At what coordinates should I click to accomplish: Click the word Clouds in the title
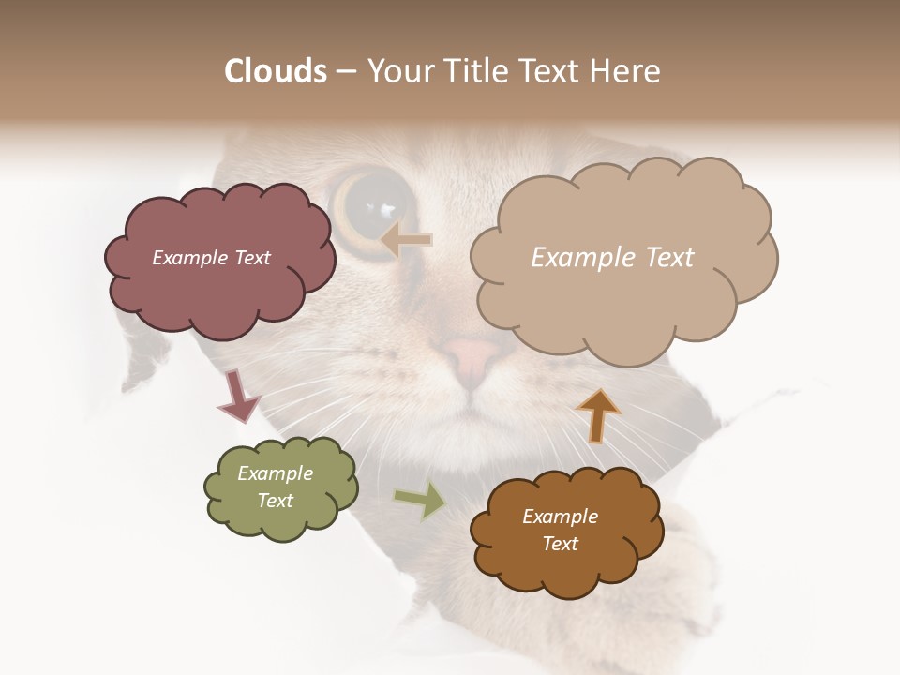pos(275,71)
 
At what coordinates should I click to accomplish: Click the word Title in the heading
pos(473,71)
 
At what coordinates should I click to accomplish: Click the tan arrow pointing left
pos(407,240)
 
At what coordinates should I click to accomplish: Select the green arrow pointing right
pos(420,500)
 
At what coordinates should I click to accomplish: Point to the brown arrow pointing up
pos(598,414)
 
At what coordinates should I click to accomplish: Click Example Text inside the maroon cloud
pos(211,258)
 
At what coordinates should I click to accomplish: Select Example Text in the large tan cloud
pos(612,258)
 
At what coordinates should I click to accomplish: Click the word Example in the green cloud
pos(275,473)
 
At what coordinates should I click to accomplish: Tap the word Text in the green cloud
pos(275,501)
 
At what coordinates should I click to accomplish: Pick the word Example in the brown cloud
pos(560,517)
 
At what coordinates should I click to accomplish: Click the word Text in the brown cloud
pos(560,544)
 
